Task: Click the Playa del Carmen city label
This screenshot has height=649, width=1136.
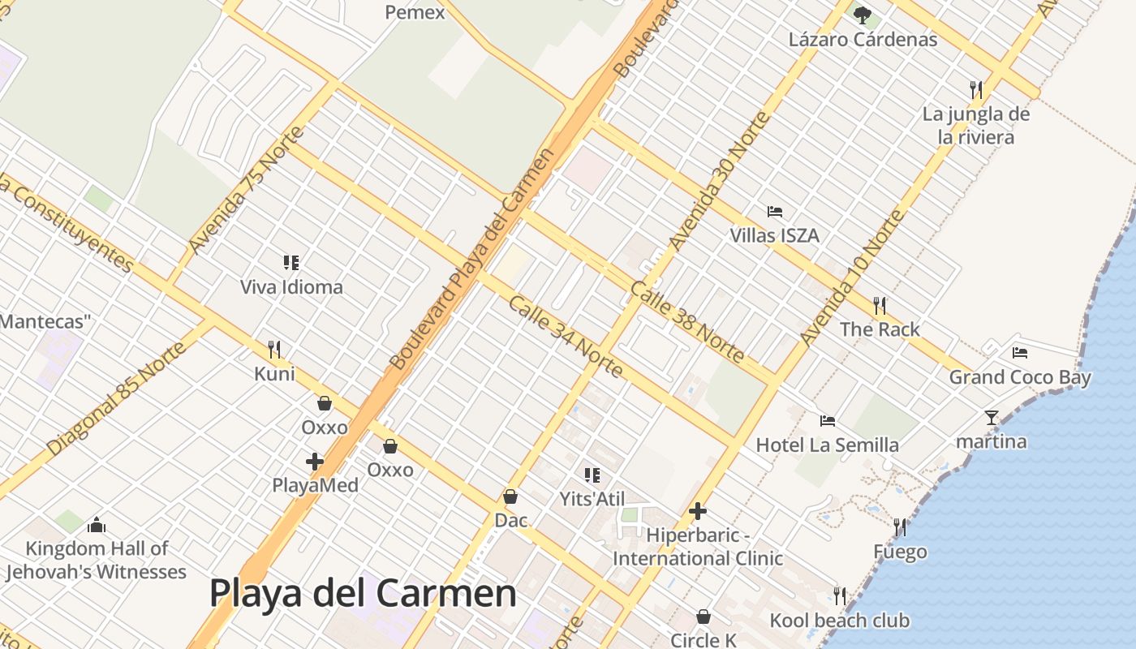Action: click(363, 593)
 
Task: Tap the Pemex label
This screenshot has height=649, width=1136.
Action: click(415, 12)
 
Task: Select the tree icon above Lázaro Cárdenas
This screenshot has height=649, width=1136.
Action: click(863, 15)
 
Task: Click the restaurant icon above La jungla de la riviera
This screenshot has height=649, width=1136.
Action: click(976, 89)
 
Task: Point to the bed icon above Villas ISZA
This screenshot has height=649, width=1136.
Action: click(775, 212)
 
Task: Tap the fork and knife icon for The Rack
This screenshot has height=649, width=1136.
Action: click(880, 305)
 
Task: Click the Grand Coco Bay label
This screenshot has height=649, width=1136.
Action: click(1020, 377)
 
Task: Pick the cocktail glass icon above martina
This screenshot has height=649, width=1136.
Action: click(991, 418)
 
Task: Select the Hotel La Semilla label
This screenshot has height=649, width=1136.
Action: click(827, 445)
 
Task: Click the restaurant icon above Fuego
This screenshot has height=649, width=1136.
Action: click(900, 527)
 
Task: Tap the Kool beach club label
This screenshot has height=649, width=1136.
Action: click(839, 621)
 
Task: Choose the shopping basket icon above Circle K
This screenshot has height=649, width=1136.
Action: click(704, 617)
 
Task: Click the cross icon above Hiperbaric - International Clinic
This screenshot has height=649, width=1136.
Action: click(697, 511)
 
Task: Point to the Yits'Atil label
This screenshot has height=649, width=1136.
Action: click(592, 498)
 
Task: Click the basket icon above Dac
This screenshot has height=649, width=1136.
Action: click(510, 496)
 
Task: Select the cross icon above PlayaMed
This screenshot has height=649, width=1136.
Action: click(315, 462)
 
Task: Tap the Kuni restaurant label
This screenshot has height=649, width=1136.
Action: click(274, 374)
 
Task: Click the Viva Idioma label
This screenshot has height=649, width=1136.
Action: click(291, 286)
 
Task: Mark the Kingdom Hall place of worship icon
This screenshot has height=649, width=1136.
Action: click(97, 525)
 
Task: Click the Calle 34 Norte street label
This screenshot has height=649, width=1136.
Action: click(566, 337)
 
